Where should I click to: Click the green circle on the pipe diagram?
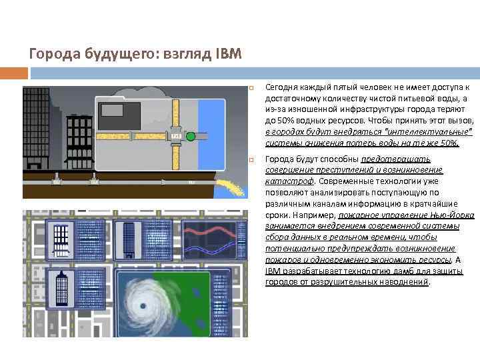click(191, 136)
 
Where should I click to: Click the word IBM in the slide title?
click(228, 53)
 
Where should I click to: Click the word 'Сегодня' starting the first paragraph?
click(281, 87)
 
